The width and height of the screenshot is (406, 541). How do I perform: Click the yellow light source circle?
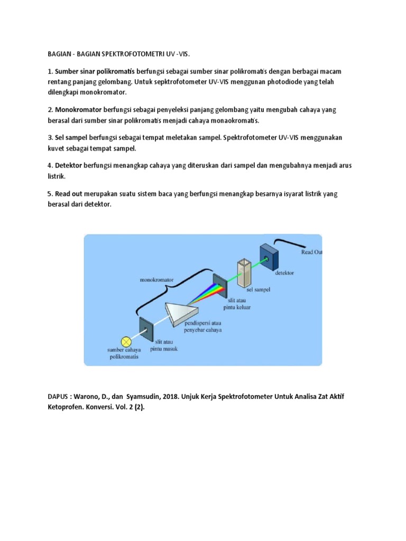126,341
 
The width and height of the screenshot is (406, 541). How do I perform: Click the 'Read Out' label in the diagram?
311,253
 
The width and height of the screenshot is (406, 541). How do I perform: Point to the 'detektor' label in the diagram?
284,273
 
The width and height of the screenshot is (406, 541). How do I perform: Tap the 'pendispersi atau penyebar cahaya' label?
203,327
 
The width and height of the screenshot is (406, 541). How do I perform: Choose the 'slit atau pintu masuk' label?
163,346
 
